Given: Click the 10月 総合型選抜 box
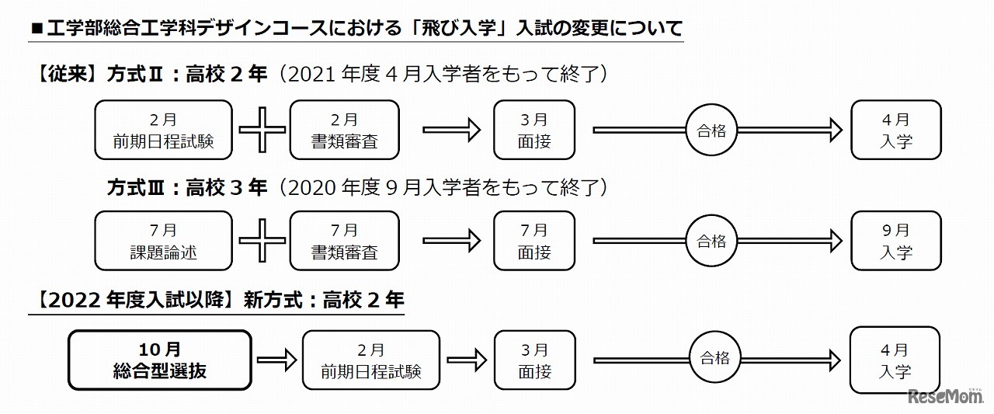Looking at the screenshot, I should (161, 360).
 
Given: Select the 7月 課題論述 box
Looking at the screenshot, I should (163, 241).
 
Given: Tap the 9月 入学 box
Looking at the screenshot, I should (895, 241).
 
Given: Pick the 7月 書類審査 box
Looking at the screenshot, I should (344, 241).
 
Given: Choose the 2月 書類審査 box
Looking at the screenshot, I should (344, 130).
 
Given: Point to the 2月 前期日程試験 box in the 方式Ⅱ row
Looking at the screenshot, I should (163, 130).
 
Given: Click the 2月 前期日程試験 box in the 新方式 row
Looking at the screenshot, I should (370, 360).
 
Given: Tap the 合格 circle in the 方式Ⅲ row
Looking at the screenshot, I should (711, 241).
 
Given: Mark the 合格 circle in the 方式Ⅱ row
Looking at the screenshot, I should (711, 130).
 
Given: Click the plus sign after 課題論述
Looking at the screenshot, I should (262, 241).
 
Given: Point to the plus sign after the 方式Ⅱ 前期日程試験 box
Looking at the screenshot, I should (262, 130).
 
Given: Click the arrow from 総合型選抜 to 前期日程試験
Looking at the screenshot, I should (276, 360).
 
